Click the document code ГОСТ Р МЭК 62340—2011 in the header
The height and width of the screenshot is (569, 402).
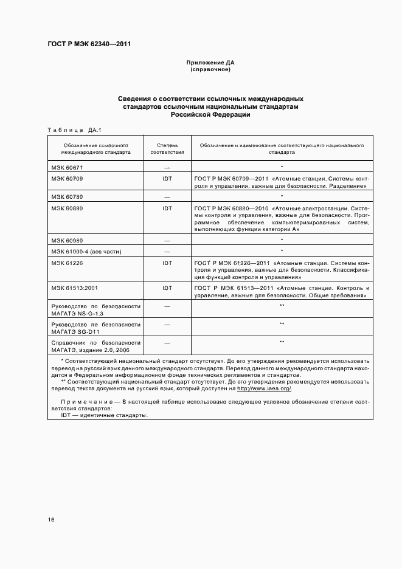pyautogui.click(x=89, y=44)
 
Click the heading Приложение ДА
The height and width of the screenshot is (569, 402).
pyautogui.click(x=210, y=63)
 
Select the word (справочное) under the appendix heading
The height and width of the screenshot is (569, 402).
pyautogui.click(x=210, y=69)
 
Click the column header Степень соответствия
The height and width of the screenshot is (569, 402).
pyautogui.click(x=167, y=150)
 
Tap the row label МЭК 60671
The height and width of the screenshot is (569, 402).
pyautogui.click(x=67, y=167)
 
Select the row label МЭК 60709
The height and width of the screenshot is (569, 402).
pyautogui.click(x=67, y=179)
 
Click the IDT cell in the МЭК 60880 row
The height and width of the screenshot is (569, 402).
pyautogui.click(x=167, y=208)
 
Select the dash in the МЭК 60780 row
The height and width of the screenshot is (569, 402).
pyautogui.click(x=167, y=197)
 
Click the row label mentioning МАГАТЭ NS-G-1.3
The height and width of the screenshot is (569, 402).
pyautogui.click(x=95, y=309)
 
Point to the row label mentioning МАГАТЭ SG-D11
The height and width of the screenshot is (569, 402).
pyautogui.click(x=95, y=328)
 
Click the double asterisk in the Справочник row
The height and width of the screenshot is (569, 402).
pyautogui.click(x=282, y=342)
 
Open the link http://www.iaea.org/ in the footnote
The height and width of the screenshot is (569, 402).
pyautogui.click(x=264, y=388)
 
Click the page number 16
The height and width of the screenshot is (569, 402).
pyautogui.click(x=51, y=520)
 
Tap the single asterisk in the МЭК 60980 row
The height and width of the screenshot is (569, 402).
pyautogui.click(x=282, y=240)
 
